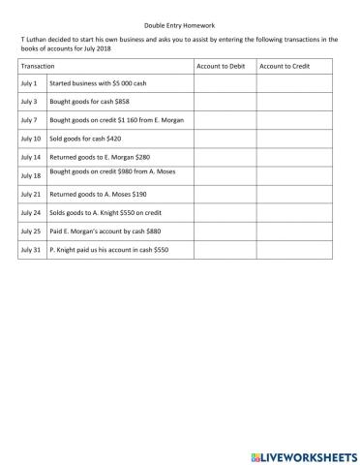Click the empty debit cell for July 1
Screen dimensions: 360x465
click(x=224, y=83)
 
